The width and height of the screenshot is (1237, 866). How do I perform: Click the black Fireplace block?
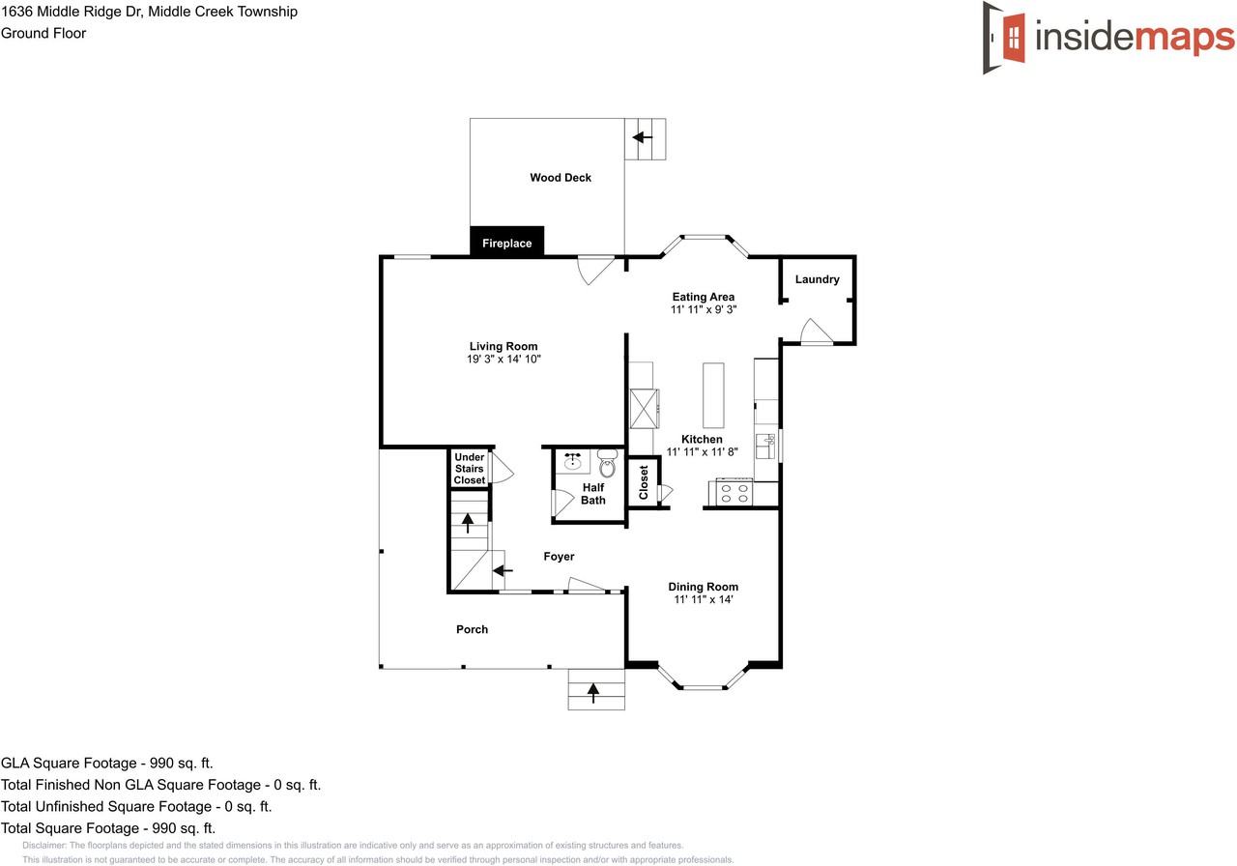(x=507, y=242)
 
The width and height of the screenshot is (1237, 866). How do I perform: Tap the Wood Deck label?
(x=561, y=178)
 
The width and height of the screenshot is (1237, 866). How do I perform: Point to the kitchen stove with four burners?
(x=734, y=493)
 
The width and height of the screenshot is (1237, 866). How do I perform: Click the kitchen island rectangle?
(x=713, y=395)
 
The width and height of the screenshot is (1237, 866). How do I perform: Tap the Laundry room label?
(x=817, y=279)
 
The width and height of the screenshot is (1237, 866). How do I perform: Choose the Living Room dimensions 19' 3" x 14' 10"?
(x=503, y=360)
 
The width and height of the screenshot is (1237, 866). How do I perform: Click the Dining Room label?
(x=704, y=587)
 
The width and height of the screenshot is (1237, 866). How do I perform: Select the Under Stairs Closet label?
(x=470, y=469)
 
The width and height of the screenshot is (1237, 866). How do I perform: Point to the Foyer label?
(x=559, y=557)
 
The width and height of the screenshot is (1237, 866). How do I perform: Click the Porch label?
(x=472, y=629)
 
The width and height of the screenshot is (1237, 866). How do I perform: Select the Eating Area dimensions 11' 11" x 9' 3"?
(x=704, y=310)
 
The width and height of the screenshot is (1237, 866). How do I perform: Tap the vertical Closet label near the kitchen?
(x=644, y=483)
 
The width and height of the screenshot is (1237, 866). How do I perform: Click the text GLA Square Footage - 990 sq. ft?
(x=107, y=763)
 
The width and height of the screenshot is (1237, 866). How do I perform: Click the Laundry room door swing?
(x=815, y=332)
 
